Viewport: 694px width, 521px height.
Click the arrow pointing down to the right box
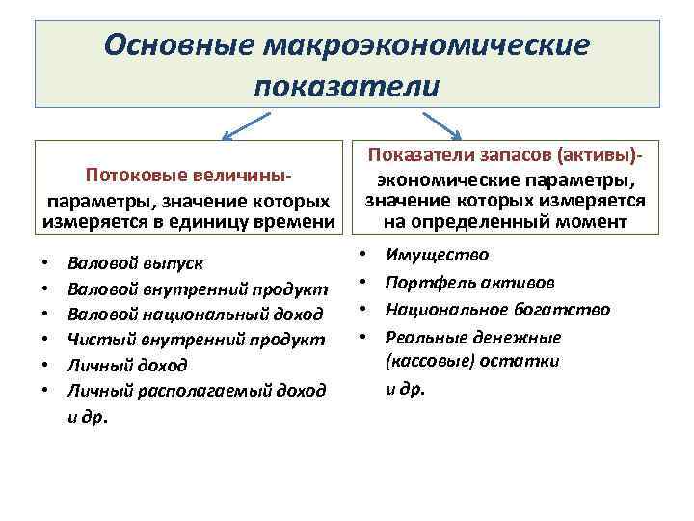(x=445, y=125)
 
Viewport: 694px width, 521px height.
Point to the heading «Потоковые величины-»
(x=189, y=178)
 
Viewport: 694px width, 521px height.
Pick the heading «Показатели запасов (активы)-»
(x=505, y=158)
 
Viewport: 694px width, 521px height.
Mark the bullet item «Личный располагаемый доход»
(x=197, y=390)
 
